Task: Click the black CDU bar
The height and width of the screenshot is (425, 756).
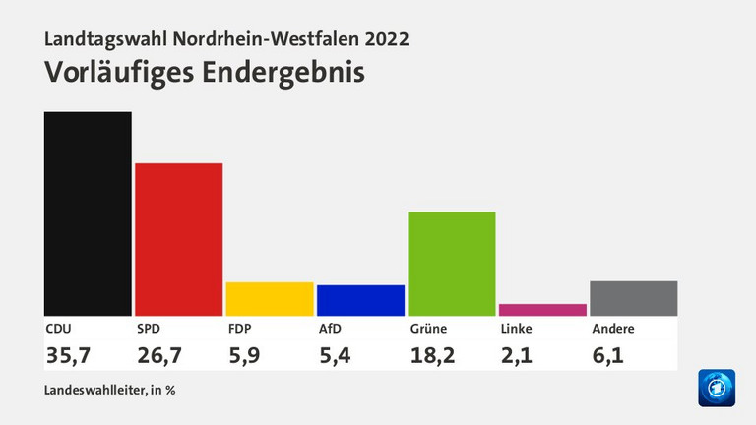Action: pos(88,213)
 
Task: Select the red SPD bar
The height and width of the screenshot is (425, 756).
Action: pos(178,239)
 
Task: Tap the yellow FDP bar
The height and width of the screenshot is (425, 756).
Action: pos(270,299)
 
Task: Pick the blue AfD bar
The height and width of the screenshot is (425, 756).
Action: pos(360,300)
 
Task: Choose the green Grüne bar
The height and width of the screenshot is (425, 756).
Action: pos(452,264)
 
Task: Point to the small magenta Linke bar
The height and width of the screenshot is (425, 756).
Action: pos(542,310)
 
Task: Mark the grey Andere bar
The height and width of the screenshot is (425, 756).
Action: pos(634,298)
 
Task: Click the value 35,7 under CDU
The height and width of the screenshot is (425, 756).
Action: pos(67,354)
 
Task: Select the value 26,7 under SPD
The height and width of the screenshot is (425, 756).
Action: pos(157,354)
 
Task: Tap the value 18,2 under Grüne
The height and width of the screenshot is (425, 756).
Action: pos(432,354)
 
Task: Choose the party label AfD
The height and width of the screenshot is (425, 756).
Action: pos(329,329)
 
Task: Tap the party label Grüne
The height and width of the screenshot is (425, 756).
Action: pos(428,329)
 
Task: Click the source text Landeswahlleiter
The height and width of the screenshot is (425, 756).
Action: pos(91,390)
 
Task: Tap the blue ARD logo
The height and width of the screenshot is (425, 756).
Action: pos(717,388)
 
